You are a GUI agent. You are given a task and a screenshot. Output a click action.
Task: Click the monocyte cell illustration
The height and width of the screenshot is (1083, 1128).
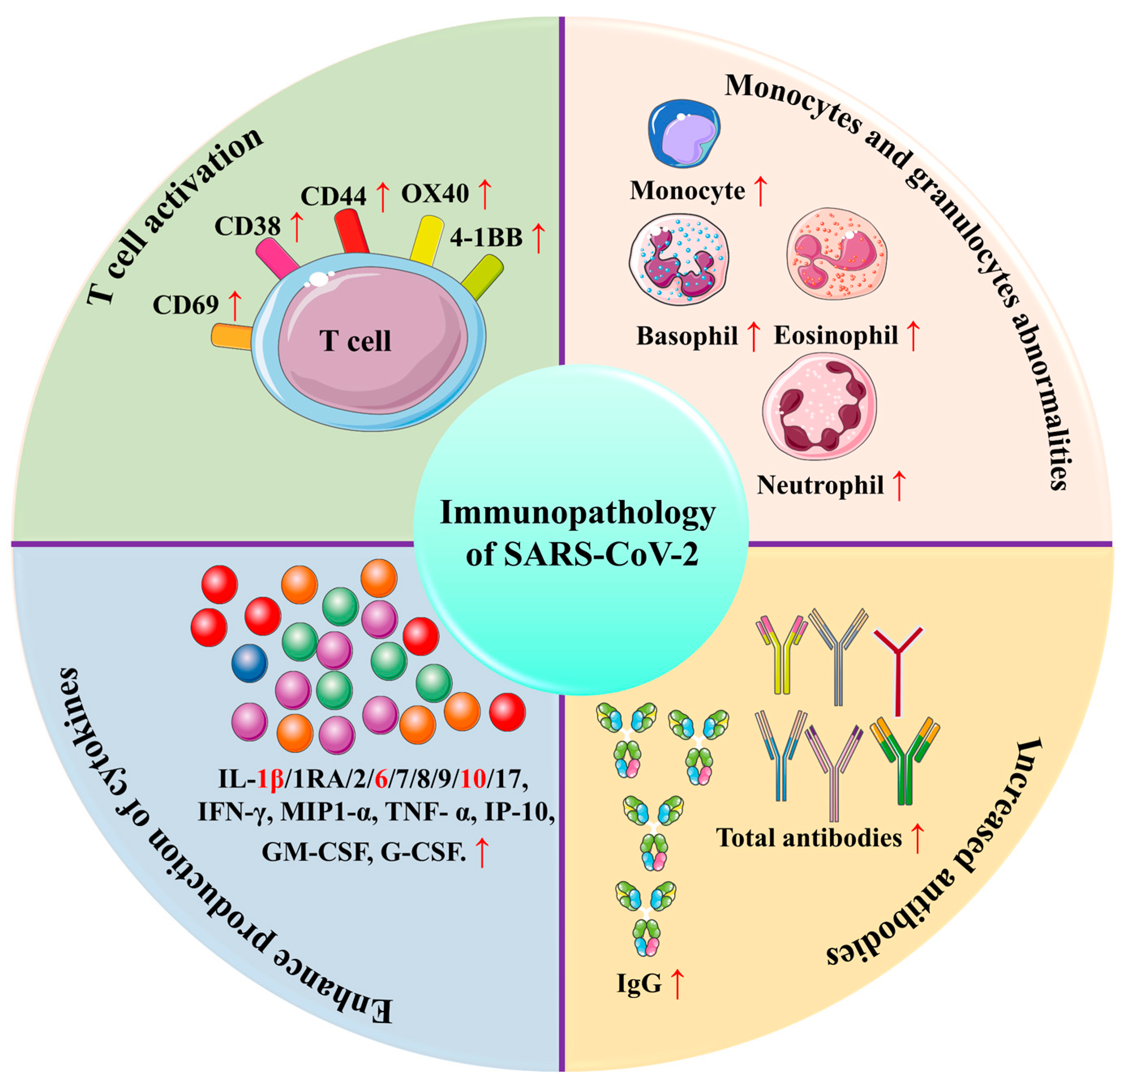tap(683, 133)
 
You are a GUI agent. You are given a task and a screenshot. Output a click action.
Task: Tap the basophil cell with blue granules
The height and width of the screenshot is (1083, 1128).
tap(679, 259)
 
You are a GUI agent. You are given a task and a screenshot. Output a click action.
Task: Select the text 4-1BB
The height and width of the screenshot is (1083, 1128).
tap(486, 237)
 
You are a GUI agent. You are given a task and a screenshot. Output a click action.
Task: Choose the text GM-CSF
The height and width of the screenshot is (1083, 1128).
tap(314, 851)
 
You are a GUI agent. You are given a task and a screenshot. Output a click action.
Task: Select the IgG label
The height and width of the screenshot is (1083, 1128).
tap(639, 983)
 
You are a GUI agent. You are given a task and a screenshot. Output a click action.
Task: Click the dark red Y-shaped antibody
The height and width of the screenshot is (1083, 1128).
tap(898, 667)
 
